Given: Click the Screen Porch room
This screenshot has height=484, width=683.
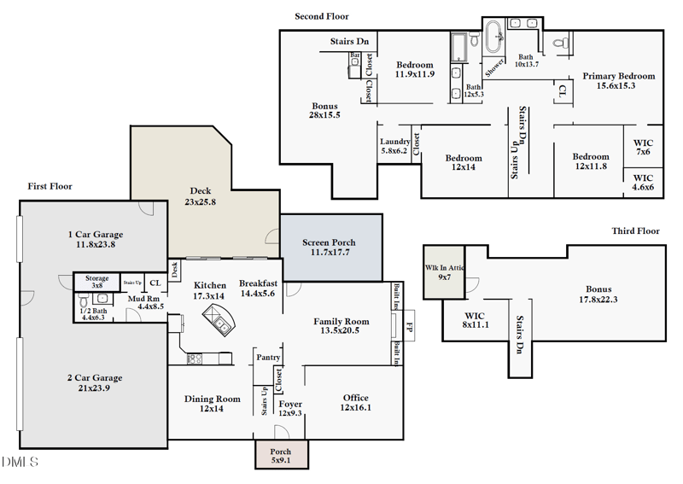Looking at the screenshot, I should (330, 248).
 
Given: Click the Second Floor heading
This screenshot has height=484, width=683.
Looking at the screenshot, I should (322, 16).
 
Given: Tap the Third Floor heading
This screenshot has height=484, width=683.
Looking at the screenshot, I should (636, 231).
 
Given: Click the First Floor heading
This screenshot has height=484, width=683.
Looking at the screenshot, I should (50, 186).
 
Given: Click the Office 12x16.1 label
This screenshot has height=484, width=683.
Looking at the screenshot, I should (356, 403).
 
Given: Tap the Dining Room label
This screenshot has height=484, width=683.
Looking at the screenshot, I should (213, 403).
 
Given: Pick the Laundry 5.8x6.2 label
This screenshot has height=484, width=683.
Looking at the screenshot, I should (395, 147).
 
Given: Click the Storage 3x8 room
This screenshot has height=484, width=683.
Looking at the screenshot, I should (96, 282).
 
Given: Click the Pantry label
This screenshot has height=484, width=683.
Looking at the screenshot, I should (268, 358).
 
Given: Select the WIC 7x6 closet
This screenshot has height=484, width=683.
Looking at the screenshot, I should (643, 147).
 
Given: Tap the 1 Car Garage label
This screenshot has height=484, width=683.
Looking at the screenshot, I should (96, 239).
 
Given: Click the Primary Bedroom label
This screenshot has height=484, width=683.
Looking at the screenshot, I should (619, 81).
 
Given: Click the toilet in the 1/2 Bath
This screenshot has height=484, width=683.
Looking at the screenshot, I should (82, 302).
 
